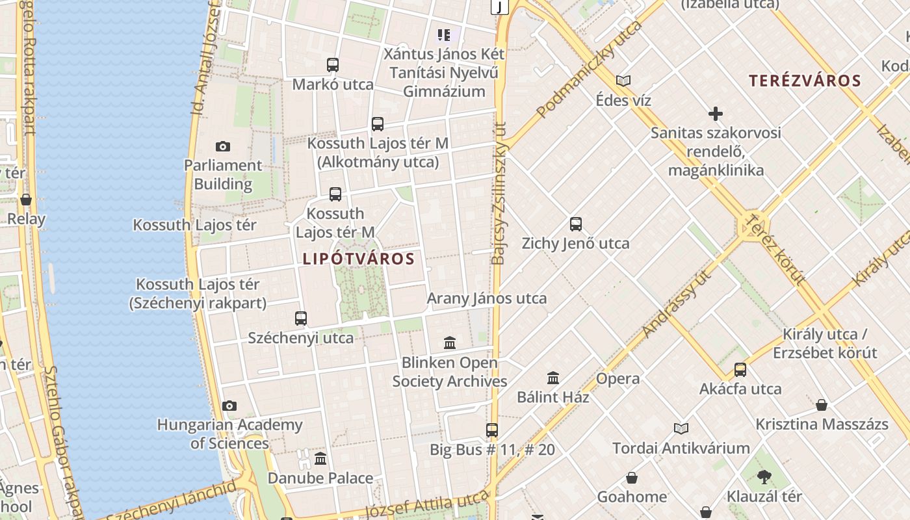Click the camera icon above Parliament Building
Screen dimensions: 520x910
click(x=223, y=147)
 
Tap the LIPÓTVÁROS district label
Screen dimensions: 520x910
click(x=359, y=259)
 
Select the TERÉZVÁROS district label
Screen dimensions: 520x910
click(x=805, y=81)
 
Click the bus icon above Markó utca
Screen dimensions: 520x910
click(x=333, y=65)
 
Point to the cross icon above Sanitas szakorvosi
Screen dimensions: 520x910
click(x=716, y=114)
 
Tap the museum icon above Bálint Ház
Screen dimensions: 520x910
click(x=553, y=378)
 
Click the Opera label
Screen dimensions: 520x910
click(x=617, y=378)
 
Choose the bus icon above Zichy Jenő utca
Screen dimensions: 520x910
click(x=576, y=224)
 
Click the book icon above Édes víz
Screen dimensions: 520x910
click(x=623, y=81)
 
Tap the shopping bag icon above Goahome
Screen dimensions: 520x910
click(x=632, y=478)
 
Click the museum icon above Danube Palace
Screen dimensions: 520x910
click(x=320, y=459)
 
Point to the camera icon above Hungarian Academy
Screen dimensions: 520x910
click(x=229, y=406)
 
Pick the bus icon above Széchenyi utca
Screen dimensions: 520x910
click(x=301, y=318)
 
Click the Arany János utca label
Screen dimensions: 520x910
click(x=487, y=298)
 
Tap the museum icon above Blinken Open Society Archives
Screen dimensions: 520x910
click(x=450, y=343)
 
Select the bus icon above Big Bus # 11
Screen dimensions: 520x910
click(x=492, y=430)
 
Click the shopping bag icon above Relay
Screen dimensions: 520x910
click(x=26, y=200)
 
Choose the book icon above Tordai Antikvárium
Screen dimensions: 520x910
click(x=681, y=429)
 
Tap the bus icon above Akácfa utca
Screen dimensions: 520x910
click(x=740, y=370)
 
